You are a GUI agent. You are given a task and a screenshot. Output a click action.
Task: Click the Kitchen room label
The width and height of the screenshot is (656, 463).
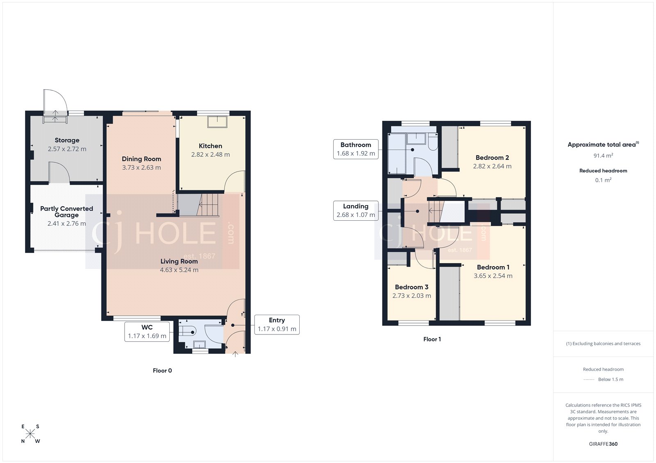[210, 146]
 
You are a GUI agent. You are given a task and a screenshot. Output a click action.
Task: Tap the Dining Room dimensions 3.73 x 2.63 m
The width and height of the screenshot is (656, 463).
[141, 167]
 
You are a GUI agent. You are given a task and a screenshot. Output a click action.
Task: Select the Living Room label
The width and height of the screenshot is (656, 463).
[179, 261]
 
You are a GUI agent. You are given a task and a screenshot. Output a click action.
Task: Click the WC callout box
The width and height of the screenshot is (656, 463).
[147, 332]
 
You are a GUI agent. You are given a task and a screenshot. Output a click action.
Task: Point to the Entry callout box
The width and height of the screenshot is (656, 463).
[277, 325]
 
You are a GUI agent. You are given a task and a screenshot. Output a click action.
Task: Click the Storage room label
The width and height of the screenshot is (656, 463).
[67, 140]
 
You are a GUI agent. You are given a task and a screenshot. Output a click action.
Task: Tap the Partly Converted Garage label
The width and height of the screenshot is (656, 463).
[66, 212]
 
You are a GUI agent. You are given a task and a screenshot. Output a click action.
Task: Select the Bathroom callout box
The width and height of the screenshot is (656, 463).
[355, 149]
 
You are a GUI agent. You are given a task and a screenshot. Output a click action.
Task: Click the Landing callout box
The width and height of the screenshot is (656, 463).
[355, 210]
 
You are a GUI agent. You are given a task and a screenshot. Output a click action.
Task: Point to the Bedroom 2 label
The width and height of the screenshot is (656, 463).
[492, 158]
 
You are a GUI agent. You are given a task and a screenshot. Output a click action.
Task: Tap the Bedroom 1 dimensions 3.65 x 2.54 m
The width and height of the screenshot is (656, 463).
[493, 276]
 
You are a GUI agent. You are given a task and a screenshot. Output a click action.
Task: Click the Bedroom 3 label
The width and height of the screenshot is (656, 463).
[411, 287]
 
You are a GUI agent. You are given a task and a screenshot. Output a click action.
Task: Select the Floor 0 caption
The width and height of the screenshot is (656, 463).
[162, 370]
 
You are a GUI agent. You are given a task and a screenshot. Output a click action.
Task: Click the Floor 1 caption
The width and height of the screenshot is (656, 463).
[432, 339]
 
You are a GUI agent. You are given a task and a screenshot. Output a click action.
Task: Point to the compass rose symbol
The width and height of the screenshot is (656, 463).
[30, 434]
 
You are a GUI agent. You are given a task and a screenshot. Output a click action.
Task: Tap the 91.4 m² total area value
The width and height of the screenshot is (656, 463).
[603, 156]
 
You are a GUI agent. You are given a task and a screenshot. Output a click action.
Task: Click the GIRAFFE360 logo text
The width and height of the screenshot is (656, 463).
[603, 444]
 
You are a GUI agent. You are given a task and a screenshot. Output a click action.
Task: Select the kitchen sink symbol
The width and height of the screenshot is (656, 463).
[217, 122]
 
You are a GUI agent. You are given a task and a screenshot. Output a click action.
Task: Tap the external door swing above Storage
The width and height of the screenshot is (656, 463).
[55, 100]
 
